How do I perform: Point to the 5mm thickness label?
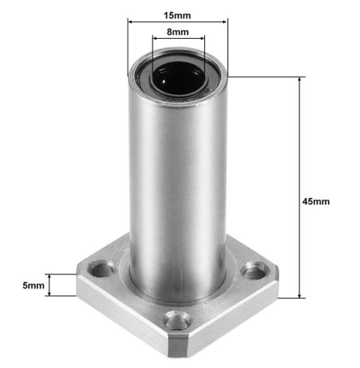tap(34, 285)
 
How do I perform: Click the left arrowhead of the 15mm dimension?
tap(131, 21)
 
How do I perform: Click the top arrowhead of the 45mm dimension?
tap(301, 80)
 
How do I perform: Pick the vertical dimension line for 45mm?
tap(301, 156)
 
